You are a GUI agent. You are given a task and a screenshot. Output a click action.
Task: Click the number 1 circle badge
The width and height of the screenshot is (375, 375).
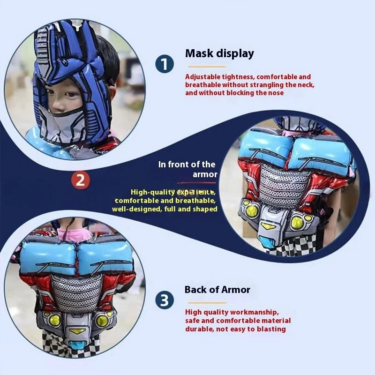(165, 64)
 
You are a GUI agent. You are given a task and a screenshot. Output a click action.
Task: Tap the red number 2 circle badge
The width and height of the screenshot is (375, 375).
(81, 180)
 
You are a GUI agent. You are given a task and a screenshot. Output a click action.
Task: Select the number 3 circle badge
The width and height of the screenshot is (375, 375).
(164, 300)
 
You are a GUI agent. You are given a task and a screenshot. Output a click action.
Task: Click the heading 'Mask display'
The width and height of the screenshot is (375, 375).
(219, 53)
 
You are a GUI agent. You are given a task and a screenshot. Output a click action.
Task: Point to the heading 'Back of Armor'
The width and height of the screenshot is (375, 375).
(217, 290)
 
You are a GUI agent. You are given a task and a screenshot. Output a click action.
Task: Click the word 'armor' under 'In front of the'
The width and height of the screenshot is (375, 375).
(205, 174)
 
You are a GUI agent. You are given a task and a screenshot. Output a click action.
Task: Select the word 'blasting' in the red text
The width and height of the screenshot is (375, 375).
(270, 329)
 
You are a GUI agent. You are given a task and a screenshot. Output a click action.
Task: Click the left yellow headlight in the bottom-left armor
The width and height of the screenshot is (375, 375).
(55, 320)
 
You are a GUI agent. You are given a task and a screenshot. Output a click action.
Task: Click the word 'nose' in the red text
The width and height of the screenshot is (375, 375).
(275, 93)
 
